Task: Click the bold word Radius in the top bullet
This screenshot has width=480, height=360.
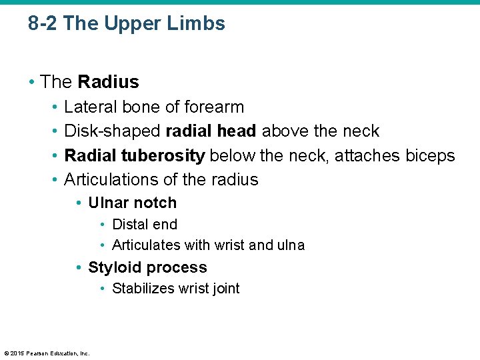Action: pos(108,82)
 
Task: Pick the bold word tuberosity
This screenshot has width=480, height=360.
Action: pos(163,156)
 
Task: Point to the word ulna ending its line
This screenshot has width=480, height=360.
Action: pos(290,245)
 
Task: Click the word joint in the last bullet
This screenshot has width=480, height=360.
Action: pos(225,289)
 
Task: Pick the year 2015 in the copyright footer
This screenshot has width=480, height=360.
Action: pos(17,353)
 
